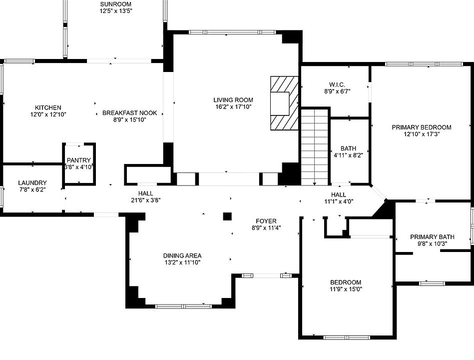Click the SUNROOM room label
coord(116,3)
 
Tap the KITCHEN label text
coord(48,107)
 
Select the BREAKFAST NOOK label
coord(129,113)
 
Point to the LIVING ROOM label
coord(234,99)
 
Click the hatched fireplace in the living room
coord(284,103)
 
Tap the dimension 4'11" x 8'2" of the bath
coord(349,155)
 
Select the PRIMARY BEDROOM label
coord(421,127)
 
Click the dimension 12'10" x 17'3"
coord(421,134)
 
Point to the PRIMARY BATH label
coord(432,237)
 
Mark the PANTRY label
coord(79,160)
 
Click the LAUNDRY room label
coord(32,183)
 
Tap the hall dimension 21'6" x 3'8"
coord(146,200)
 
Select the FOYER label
coord(266,221)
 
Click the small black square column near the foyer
coord(227,216)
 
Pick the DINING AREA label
coord(182,255)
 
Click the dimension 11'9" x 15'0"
coord(345,289)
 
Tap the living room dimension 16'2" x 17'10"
coord(234,106)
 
